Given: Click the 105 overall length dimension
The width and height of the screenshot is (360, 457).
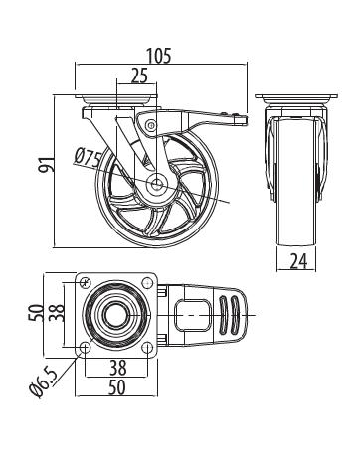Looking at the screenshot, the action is [159, 56].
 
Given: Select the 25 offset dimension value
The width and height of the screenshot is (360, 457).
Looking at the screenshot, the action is [139, 76].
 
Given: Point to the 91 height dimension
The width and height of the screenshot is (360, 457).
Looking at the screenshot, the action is [46, 164].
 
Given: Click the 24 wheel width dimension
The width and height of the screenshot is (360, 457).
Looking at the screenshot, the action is [298, 261].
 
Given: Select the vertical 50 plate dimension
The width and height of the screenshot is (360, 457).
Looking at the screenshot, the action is [37, 313].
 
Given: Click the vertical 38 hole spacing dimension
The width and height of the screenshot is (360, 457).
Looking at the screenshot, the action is [57, 313].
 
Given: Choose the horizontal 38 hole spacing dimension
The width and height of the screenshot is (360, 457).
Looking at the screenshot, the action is [117, 368].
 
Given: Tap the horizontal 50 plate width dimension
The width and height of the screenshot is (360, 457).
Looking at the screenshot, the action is [117, 387].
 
